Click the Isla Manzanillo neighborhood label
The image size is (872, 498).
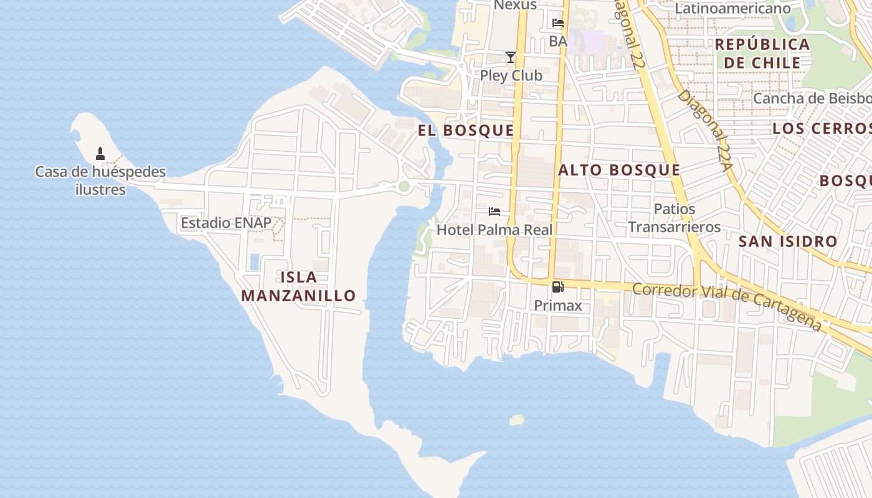298,286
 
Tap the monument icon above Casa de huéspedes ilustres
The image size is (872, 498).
100,153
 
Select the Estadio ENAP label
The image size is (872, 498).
226,223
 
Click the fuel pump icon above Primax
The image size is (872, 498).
558,287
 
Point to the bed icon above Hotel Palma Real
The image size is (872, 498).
495,212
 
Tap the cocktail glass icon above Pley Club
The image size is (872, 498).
511,57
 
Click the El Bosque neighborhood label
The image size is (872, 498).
466,130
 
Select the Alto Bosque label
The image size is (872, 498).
619,170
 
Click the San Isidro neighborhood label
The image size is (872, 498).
788,242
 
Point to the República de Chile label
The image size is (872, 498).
762,54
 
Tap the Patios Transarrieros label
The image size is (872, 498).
674,218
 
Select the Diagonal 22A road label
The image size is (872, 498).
704,131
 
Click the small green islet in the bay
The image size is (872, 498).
516,420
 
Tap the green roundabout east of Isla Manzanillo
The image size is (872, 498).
404,186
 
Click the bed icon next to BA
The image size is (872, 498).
558,23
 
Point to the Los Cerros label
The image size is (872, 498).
821,129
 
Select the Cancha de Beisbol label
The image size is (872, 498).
812,98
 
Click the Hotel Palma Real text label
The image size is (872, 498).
495,230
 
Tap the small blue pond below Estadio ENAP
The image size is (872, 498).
254,261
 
